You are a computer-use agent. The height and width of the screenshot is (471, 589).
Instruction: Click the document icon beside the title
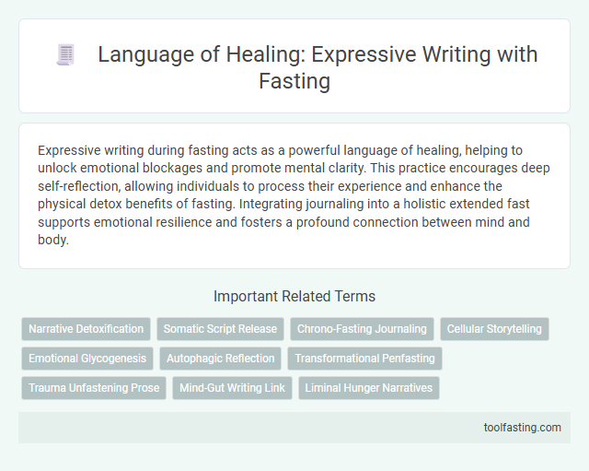tap(64, 54)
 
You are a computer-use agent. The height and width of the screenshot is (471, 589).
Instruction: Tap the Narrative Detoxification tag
tap(87, 329)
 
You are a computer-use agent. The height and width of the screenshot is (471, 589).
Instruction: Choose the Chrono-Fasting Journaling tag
tap(361, 329)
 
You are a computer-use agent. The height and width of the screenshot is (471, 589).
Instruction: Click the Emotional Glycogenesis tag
tap(87, 359)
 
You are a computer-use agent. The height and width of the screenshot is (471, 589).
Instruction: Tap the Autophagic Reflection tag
tap(221, 359)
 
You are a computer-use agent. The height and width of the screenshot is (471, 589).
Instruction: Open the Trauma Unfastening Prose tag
tap(93, 388)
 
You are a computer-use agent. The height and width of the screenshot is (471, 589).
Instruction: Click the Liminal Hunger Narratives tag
tap(369, 388)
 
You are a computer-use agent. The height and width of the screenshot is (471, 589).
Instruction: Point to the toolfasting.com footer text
tap(521, 428)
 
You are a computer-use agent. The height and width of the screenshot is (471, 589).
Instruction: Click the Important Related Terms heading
tap(294, 296)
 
